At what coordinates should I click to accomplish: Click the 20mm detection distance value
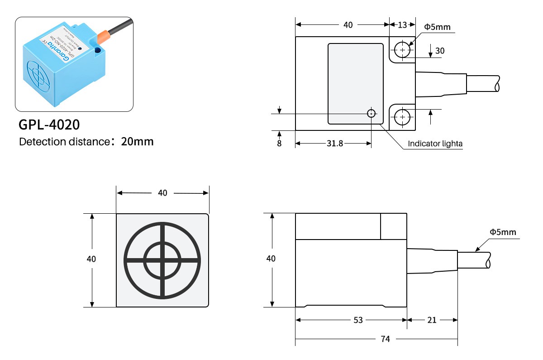(x=138, y=141)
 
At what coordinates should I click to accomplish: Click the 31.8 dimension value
(x=334, y=143)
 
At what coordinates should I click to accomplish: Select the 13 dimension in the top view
(x=402, y=25)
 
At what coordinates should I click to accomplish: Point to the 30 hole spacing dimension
(x=439, y=51)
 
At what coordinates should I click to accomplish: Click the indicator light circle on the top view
(x=372, y=113)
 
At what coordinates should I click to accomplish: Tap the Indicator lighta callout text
(x=435, y=144)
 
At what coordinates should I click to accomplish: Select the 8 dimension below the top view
(x=279, y=144)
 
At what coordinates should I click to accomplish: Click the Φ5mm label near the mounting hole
(x=437, y=27)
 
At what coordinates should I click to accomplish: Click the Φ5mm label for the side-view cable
(x=503, y=232)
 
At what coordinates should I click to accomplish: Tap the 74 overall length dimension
(x=386, y=338)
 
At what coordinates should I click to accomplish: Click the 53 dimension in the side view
(x=358, y=320)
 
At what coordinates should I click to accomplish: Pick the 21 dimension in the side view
(x=432, y=320)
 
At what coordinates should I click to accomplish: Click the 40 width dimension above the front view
(x=162, y=193)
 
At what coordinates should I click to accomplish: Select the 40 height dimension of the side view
(x=271, y=259)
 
